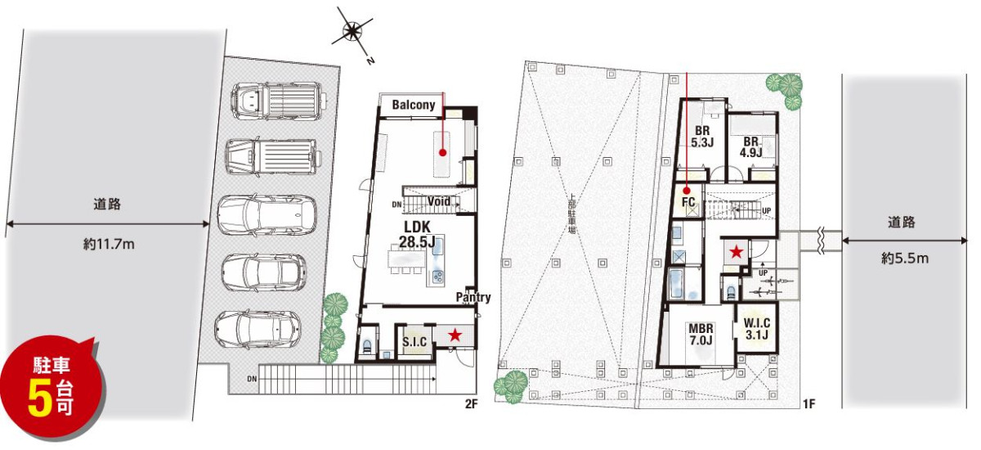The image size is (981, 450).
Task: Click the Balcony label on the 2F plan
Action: [x=414, y=106]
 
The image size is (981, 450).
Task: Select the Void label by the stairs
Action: [x=439, y=201]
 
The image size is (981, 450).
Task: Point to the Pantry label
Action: [x=473, y=297]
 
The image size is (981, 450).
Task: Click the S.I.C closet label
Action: [x=414, y=342]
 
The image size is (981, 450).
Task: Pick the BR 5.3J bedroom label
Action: [x=702, y=137]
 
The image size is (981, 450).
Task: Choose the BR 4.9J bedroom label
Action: [x=750, y=147]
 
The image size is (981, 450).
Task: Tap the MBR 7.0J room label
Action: [x=701, y=334]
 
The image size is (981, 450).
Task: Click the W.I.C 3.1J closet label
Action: [x=756, y=329]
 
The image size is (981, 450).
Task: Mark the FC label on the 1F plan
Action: [x=688, y=201]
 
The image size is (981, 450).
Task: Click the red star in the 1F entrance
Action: [x=737, y=252]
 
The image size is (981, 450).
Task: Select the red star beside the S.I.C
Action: [x=455, y=335]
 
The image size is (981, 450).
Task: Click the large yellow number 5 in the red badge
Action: [x=40, y=399]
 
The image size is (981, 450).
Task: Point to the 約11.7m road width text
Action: [x=109, y=244]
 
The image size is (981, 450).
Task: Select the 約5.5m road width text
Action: [x=905, y=259]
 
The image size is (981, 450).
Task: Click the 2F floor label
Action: [x=471, y=403]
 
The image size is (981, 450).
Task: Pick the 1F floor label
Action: [x=809, y=403]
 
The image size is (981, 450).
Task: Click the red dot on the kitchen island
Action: [x=442, y=153]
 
